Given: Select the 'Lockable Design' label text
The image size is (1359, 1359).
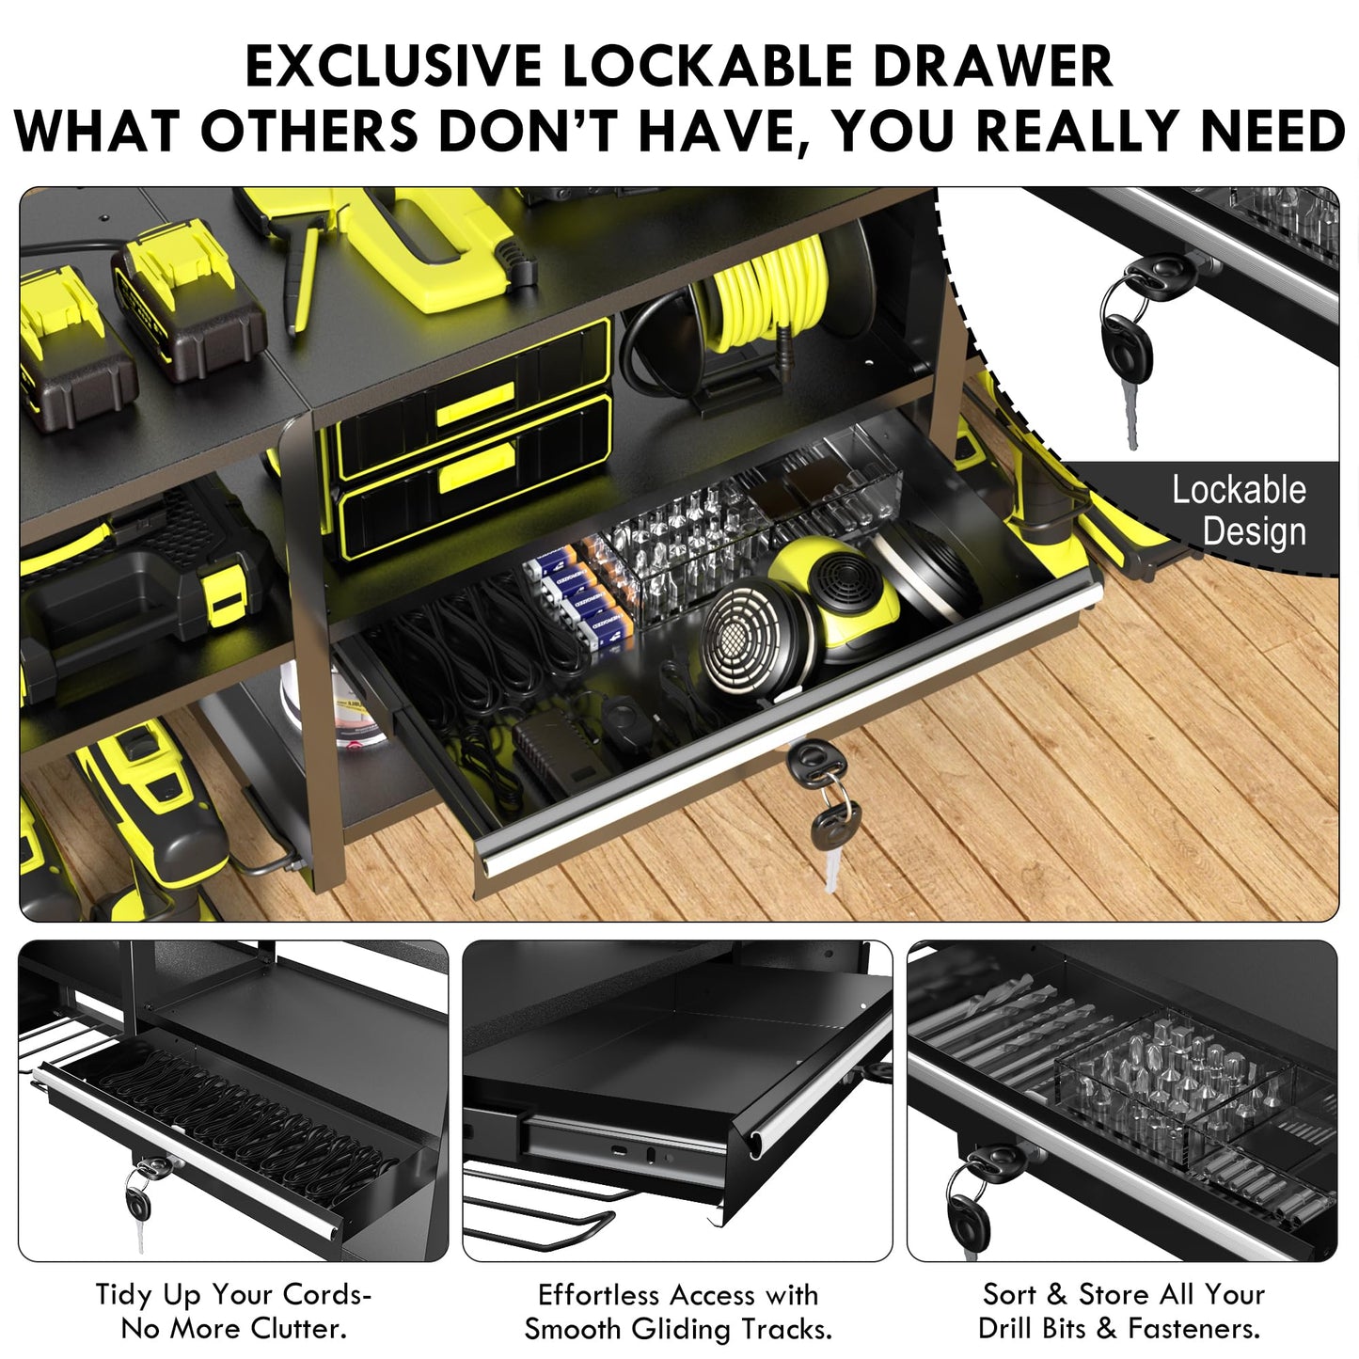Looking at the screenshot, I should point(1240,511).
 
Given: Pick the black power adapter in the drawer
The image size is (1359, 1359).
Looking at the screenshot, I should point(548,752).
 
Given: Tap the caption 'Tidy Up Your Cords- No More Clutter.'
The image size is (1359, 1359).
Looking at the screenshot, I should point(233,1311).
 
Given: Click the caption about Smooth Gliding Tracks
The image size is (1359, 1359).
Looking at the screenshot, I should point(678,1311).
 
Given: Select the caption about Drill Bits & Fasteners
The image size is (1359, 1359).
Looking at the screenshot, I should point(1122,1311).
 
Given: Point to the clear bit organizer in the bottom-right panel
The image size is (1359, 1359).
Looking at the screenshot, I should point(1176,1082).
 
